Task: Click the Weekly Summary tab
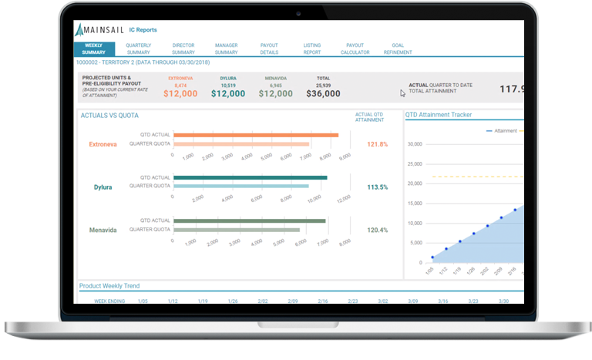[93, 49]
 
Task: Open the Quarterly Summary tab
[139, 49]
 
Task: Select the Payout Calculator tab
[355, 49]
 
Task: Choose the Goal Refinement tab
[398, 49]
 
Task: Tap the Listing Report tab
[312, 49]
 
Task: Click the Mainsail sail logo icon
[82, 30]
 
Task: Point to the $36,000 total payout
[323, 94]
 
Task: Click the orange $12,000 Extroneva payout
[180, 94]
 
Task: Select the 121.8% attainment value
[377, 144]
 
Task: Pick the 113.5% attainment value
[377, 187]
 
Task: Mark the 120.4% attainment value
[377, 230]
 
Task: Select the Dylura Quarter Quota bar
[240, 186]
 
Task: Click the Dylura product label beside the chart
[103, 187]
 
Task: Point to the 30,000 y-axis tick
[414, 144]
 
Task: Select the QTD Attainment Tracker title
[439, 115]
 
